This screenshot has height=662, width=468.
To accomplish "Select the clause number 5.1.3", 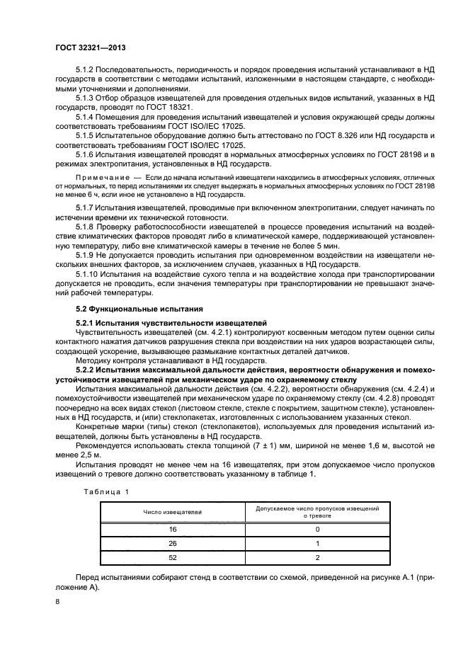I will coord(86,97).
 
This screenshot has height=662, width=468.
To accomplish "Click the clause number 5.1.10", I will coord(88,273).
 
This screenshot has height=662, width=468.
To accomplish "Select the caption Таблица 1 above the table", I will coord(107,491).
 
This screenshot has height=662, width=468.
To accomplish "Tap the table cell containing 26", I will coord(173,543).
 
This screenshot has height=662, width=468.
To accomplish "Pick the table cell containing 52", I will coord(173,557).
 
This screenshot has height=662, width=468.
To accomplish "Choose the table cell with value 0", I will coord(317,529).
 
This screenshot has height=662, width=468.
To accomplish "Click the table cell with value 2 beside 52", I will coord(317,557).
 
